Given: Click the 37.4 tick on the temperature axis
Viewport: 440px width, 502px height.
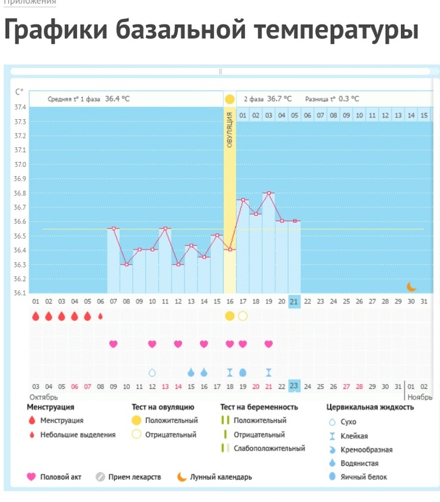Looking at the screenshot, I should coord(20,108).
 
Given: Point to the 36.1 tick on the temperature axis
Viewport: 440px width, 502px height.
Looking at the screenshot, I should coord(20,293).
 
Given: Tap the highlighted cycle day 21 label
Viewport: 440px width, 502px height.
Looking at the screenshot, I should coord(294,301).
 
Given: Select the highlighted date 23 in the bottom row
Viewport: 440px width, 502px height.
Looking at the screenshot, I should coord(294,386).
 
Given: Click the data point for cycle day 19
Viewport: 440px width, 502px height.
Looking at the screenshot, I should coord(268,193).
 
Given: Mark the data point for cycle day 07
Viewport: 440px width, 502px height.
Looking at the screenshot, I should coord(113,229).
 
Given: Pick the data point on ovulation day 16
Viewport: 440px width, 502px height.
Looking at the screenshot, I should coord(229,250).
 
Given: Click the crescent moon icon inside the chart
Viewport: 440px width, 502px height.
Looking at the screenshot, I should coord(411,286).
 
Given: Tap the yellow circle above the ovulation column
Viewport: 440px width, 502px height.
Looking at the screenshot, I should coord(229,99).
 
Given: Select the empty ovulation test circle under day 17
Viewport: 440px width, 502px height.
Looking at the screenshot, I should coord(242,316).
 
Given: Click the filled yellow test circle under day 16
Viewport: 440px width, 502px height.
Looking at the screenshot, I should coord(229,316).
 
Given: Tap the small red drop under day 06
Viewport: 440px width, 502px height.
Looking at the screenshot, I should coord(100,317).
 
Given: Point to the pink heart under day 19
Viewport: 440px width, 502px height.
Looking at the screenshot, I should coord(268,344).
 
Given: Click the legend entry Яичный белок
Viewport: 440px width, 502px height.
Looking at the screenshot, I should coord(364,477).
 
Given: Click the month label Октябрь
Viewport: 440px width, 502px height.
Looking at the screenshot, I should coord(44,396).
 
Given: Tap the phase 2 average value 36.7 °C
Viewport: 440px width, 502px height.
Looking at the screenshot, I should coord(279,99).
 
